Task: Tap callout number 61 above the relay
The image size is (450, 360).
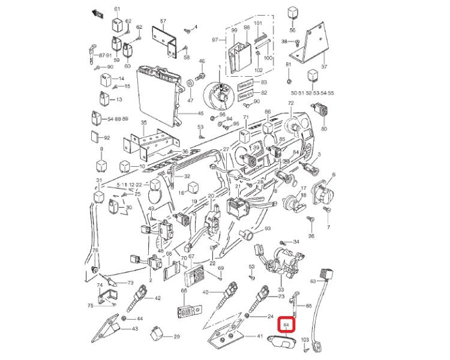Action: (117, 9)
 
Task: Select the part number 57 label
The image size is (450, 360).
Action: (162, 22)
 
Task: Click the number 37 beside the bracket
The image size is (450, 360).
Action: (325, 67)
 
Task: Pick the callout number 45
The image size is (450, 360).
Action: (200, 113)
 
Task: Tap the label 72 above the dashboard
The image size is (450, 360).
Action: (291, 104)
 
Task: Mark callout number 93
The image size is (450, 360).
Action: (268, 229)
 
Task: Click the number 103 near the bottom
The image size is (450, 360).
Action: (305, 340)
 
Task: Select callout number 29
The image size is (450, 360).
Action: (176, 337)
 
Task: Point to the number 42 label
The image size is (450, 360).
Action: (158, 298)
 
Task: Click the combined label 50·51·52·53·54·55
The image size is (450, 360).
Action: (312, 94)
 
